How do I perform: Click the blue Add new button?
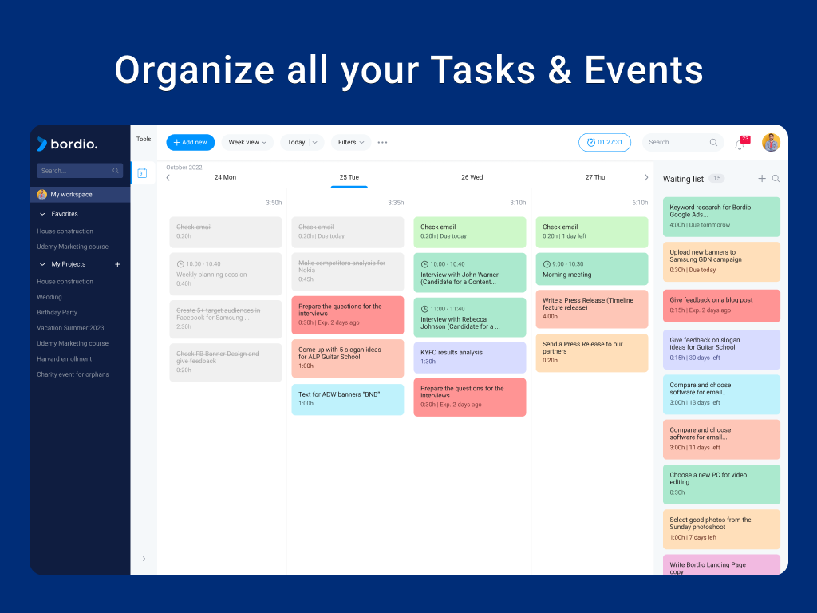(190, 142)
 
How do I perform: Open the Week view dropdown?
(247, 142)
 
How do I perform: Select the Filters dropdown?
(350, 142)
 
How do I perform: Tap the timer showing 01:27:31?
(604, 142)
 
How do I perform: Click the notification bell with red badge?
(740, 144)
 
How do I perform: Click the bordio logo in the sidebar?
(67, 144)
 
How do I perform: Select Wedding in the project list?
(49, 297)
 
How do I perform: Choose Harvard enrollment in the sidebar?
(65, 358)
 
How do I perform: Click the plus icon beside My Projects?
(117, 264)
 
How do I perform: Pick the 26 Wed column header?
(472, 177)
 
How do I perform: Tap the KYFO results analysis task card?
(469, 357)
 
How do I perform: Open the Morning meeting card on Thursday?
(591, 269)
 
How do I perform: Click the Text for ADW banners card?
(347, 399)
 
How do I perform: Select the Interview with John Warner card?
(469, 272)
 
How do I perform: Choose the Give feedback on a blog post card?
(720, 305)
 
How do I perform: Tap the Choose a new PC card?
(720, 484)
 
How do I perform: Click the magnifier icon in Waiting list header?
(776, 179)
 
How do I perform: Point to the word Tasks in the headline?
(491, 70)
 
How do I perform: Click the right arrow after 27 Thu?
(646, 177)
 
